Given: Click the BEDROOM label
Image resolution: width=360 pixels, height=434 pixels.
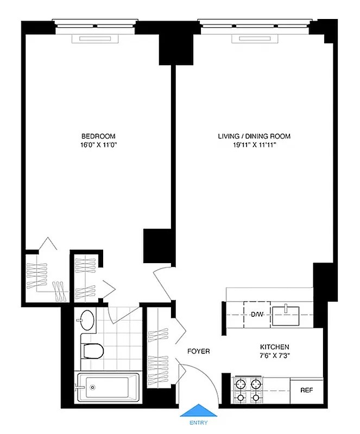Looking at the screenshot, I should pyautogui.click(x=98, y=136).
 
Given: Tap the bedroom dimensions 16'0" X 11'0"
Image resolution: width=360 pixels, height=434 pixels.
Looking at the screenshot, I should pyautogui.click(x=98, y=145).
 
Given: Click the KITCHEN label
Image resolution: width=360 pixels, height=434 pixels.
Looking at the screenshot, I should pyautogui.click(x=274, y=347).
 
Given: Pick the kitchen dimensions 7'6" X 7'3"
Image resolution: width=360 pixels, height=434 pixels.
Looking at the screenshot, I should pyautogui.click(x=274, y=356).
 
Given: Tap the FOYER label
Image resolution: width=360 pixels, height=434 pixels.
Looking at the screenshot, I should pyautogui.click(x=199, y=352).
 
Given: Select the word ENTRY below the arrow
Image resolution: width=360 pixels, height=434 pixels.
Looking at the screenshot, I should pyautogui.click(x=198, y=424).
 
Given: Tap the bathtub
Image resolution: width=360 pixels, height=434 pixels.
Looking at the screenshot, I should pyautogui.click(x=108, y=388).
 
